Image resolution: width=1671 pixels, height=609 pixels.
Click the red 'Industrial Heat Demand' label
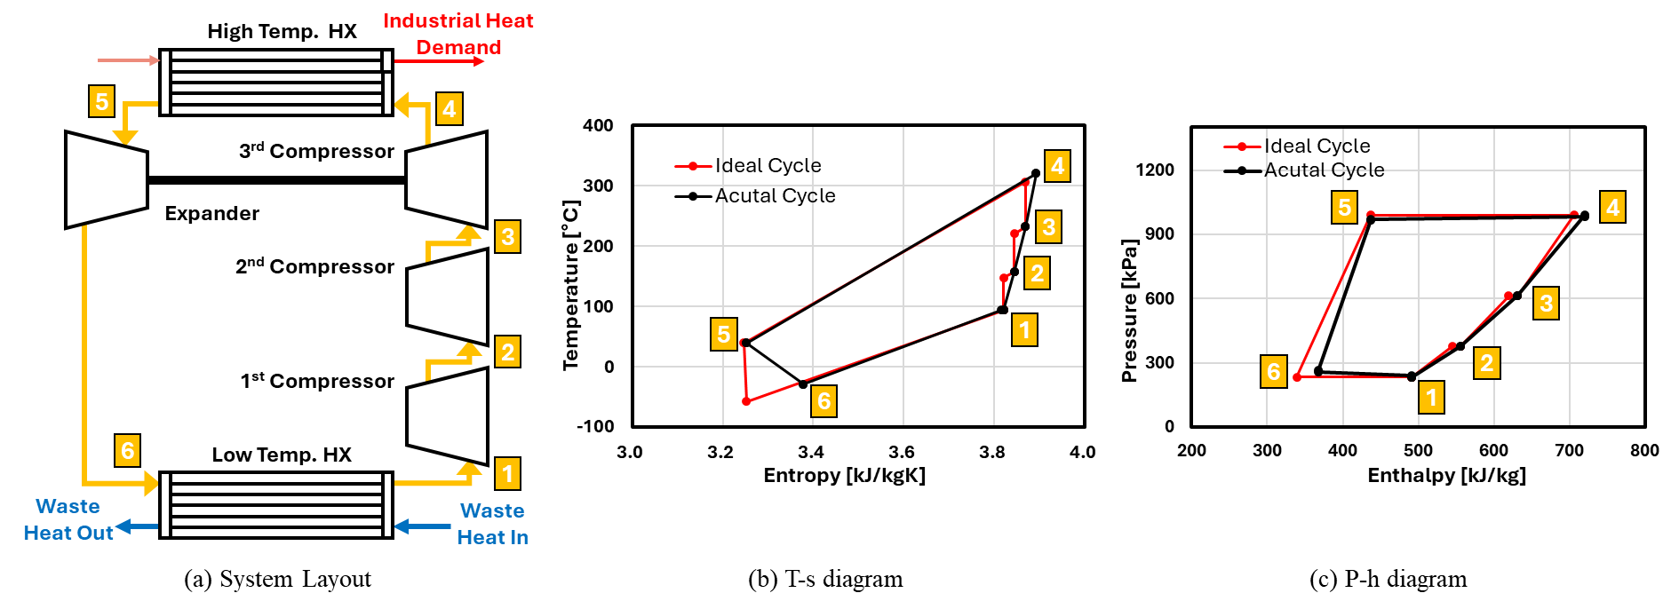[x=458, y=34]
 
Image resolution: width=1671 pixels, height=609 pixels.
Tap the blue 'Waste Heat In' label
[x=492, y=524]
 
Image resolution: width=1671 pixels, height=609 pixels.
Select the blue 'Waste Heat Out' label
[x=68, y=519]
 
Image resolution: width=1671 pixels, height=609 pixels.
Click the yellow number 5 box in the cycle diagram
[x=102, y=101]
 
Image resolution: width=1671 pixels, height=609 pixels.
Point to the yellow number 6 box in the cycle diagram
[x=127, y=451]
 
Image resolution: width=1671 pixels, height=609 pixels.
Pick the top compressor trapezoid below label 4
[x=447, y=180]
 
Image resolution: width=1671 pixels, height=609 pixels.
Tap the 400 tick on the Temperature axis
[x=598, y=126]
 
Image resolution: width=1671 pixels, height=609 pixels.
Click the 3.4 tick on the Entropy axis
[x=811, y=452]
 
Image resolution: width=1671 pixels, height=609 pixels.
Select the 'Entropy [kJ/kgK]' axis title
[x=844, y=476]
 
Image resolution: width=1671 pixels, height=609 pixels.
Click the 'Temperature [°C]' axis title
[x=570, y=284]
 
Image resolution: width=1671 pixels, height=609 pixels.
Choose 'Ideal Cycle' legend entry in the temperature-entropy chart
[x=768, y=166]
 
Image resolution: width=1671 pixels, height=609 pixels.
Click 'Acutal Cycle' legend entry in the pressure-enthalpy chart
[x=1324, y=170]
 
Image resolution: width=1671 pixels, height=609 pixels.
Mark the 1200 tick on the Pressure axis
[x=1154, y=170]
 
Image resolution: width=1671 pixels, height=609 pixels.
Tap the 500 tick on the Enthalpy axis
[x=1418, y=451]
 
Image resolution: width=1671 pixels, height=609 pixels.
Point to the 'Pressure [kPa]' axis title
[x=1129, y=311]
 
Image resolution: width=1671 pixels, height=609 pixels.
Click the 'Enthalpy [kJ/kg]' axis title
[x=1446, y=476]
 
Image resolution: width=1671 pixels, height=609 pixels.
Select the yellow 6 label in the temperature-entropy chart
[x=824, y=401]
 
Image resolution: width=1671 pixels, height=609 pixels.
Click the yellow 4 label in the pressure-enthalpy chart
[x=1612, y=207]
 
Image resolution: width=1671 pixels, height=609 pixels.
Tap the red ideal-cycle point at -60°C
[x=746, y=402]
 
